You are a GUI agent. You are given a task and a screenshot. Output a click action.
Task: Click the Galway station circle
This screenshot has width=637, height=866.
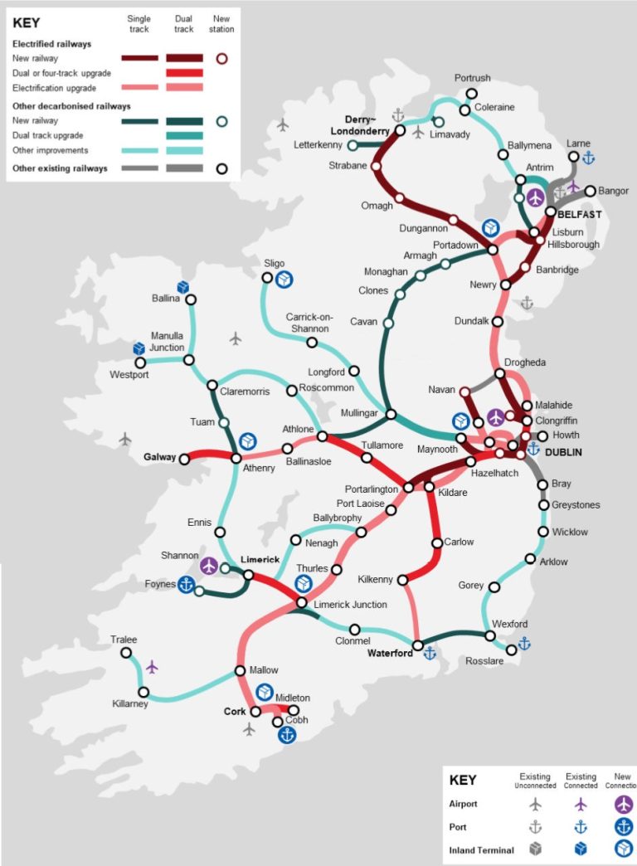pyautogui.click(x=184, y=458)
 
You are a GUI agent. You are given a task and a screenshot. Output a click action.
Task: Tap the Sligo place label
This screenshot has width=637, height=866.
pyautogui.click(x=274, y=264)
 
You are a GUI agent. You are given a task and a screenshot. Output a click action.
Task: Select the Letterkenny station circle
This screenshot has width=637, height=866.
pyautogui.click(x=353, y=145)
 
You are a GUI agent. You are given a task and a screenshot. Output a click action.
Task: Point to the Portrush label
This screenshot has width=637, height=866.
pyautogui.click(x=472, y=79)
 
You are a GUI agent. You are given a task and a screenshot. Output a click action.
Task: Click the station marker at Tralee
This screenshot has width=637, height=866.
pyautogui.click(x=126, y=653)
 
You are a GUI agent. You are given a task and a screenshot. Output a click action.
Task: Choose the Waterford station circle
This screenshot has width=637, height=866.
pyautogui.click(x=419, y=645)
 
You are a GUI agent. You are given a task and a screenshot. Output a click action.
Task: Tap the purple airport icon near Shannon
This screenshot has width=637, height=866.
pyautogui.click(x=209, y=566)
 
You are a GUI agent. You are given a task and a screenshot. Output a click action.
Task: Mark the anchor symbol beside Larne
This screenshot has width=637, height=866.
pyautogui.click(x=588, y=158)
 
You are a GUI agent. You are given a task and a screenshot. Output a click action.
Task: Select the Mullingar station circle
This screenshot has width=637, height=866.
pyautogui.click(x=391, y=414)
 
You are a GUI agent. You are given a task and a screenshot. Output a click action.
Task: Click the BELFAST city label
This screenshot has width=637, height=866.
pyautogui.click(x=579, y=214)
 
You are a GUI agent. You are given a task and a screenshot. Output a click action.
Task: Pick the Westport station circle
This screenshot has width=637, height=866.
pyautogui.click(x=140, y=362)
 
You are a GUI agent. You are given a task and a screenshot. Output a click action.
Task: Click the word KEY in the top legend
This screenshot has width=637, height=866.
pyautogui.click(x=27, y=23)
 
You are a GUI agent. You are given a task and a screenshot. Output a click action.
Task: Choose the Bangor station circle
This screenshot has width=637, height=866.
pyautogui.click(x=590, y=191)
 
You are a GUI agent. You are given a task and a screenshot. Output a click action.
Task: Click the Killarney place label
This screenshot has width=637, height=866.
pyautogui.click(x=129, y=704)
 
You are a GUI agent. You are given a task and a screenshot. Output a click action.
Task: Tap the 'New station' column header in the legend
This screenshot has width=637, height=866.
pyautogui.click(x=221, y=23)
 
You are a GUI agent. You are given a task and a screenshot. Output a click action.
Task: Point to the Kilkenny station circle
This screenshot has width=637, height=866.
pyautogui.click(x=401, y=579)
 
